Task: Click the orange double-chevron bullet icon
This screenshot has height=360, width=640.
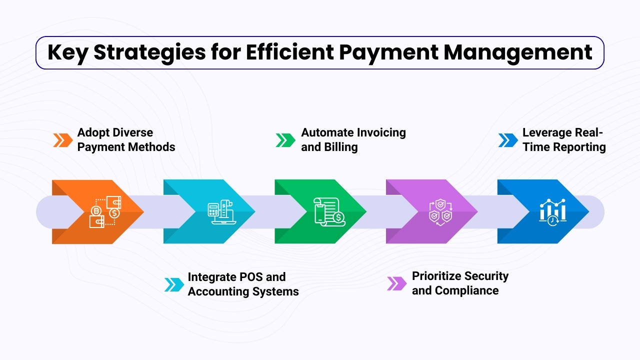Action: click(x=62, y=140)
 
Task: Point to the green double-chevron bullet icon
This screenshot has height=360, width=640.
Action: click(x=285, y=140)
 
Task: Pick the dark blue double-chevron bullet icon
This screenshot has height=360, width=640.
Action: click(x=508, y=140)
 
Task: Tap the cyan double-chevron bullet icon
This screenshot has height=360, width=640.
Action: click(x=174, y=284)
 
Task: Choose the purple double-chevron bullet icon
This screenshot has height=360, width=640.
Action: click(x=397, y=283)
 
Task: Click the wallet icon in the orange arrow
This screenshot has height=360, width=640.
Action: click(x=105, y=212)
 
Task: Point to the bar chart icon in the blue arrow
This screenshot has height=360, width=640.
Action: click(x=552, y=212)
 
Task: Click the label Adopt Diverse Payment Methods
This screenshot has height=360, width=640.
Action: click(x=126, y=139)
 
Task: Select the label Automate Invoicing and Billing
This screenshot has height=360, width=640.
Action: click(x=353, y=139)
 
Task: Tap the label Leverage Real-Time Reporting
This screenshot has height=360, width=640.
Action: click(x=564, y=139)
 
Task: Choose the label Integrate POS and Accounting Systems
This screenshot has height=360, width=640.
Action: click(x=243, y=284)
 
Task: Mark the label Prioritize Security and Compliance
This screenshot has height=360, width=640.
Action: click(x=460, y=283)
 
